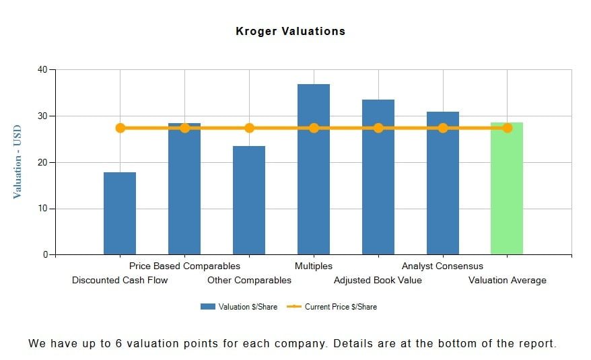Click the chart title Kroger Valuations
click(290, 31)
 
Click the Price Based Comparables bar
click(184, 195)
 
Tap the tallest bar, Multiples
click(314, 175)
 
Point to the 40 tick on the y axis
click(42, 69)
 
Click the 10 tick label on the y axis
click(42, 209)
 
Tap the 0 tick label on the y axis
click(45, 255)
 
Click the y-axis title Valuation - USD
click(18, 161)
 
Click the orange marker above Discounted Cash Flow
click(120, 128)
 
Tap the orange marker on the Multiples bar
click(314, 128)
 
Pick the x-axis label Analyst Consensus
click(442, 266)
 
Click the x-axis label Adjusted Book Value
click(378, 281)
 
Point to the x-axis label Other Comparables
click(249, 281)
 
